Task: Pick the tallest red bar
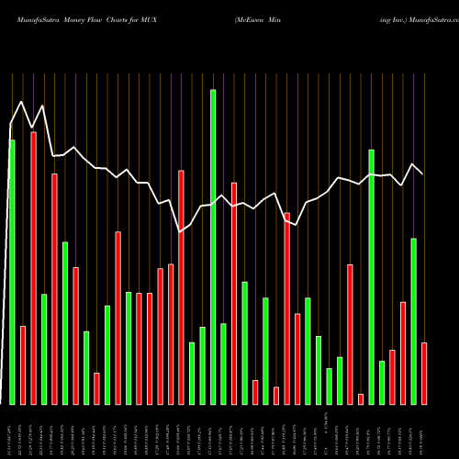[33, 267]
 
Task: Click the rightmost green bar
[413, 320]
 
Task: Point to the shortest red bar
[386, 398]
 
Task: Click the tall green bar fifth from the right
[371, 276]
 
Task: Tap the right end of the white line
[423, 174]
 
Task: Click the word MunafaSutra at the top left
[39, 18]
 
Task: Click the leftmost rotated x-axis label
[12, 431]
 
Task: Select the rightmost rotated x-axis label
[424, 431]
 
